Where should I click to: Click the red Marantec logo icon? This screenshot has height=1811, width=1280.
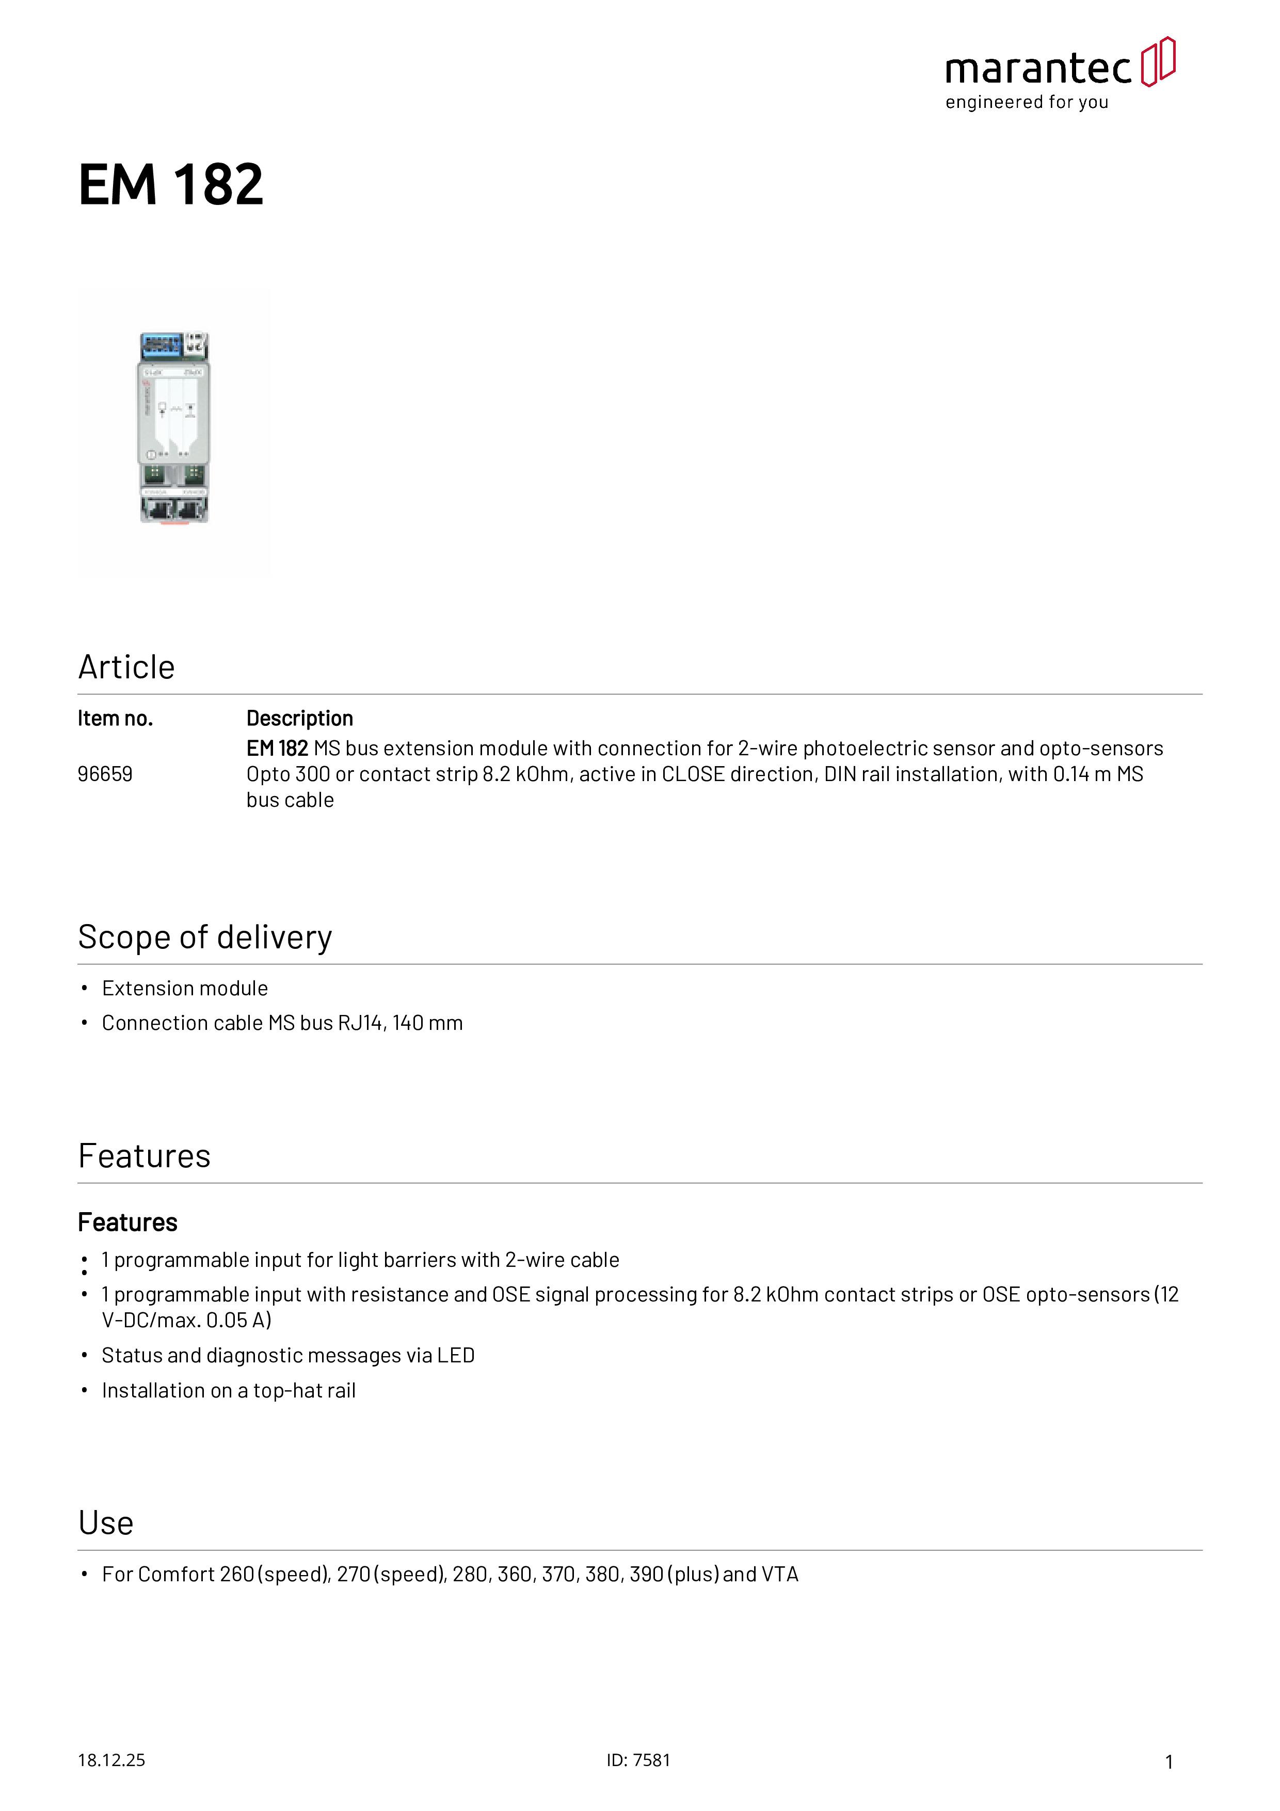(1158, 61)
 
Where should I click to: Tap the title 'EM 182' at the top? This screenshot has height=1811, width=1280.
(170, 185)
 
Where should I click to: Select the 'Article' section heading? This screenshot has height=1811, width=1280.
(126, 668)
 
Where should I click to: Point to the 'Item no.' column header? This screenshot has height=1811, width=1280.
(115, 719)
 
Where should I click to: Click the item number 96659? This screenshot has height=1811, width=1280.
(105, 774)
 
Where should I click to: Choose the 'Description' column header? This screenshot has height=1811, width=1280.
(300, 719)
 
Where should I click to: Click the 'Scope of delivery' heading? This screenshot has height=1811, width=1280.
(205, 937)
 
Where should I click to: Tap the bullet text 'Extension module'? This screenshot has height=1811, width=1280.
(185, 988)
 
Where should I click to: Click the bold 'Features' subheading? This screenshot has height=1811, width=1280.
(128, 1222)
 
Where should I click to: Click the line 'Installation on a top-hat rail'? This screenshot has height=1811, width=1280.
(229, 1391)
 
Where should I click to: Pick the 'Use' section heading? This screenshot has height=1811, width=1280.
(106, 1523)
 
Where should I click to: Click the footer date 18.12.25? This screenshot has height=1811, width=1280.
(111, 1760)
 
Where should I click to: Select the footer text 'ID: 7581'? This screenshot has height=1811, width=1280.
(638, 1760)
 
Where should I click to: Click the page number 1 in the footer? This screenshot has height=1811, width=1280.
(1169, 1761)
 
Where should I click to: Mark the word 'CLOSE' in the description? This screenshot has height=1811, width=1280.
(693, 774)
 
